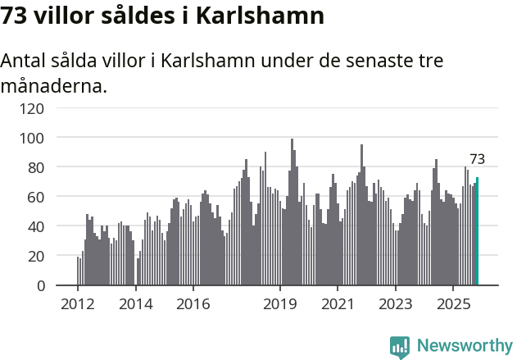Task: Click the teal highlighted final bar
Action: pyautogui.click(x=477, y=231)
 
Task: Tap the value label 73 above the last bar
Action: pyautogui.click(x=477, y=159)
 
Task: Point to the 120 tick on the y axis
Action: pyautogui.click(x=35, y=108)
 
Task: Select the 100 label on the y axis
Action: pyautogui.click(x=35, y=138)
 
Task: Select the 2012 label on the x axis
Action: pyautogui.click(x=78, y=304)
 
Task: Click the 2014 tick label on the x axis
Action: pyautogui.click(x=135, y=304)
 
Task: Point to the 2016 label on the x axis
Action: pyautogui.click(x=193, y=304)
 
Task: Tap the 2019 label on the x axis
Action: pyautogui.click(x=280, y=304)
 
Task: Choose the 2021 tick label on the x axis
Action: pyautogui.click(x=338, y=304)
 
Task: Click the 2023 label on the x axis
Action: pyautogui.click(x=396, y=304)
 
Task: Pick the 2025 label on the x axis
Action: pyautogui.click(x=453, y=304)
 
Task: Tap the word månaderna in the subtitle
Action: pyautogui.click(x=53, y=84)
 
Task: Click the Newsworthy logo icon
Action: pyautogui.click(x=400, y=347)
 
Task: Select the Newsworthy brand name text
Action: pyautogui.click(x=464, y=346)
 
